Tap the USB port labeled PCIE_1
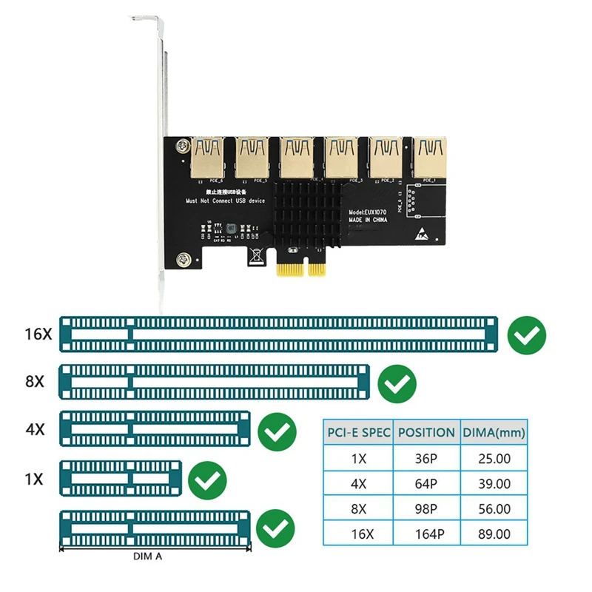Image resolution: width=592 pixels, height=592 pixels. (x=429, y=157)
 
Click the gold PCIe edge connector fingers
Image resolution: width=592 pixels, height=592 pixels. (x=302, y=270)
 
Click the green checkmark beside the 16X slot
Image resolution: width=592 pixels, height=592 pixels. (x=527, y=335)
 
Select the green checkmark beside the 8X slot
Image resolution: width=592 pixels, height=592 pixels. (x=397, y=383)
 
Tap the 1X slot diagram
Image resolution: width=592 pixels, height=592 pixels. (x=120, y=479)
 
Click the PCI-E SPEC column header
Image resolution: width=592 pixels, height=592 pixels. (x=358, y=432)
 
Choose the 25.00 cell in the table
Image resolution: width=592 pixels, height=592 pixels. (x=493, y=458)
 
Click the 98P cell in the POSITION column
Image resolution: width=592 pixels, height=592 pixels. (x=425, y=509)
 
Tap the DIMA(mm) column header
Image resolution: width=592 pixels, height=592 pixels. (x=493, y=432)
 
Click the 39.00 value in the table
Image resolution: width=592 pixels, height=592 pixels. (x=493, y=483)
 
